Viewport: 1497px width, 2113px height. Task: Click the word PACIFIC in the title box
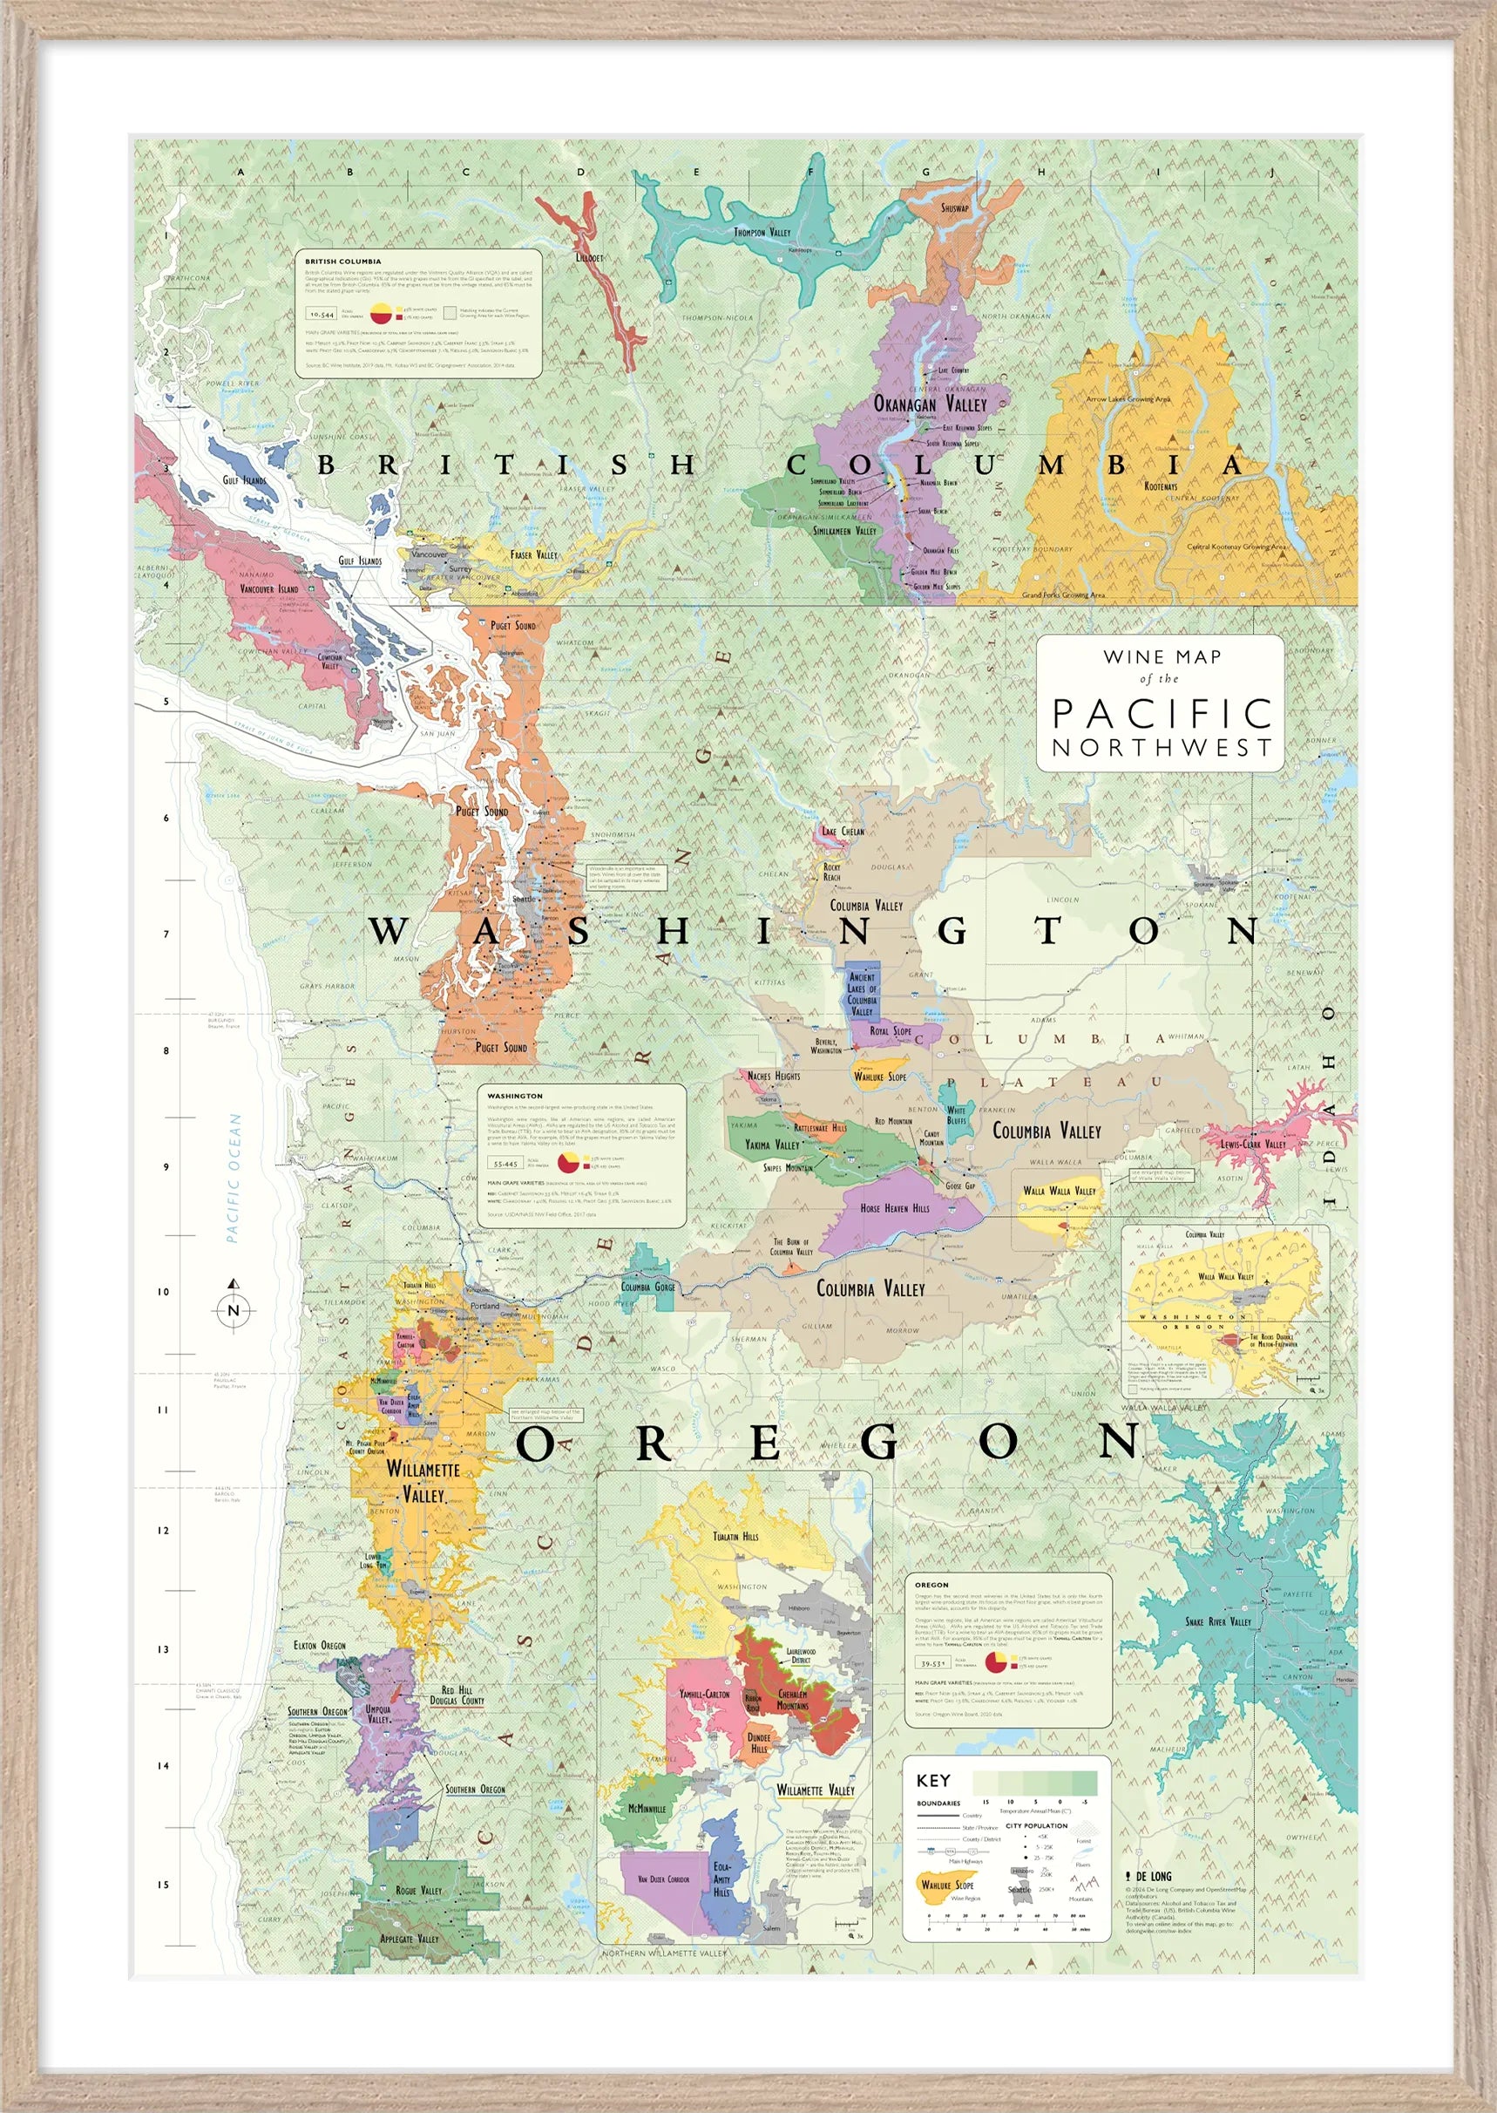coord(1162,714)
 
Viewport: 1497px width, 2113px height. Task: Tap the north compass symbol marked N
coord(234,1310)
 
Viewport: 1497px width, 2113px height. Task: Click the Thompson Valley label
coord(762,233)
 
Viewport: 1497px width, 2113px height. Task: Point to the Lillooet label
coord(589,258)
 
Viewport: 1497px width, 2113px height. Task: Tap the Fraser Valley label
coord(534,555)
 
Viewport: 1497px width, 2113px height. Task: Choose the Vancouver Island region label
coord(269,588)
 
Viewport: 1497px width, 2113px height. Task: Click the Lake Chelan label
coord(843,831)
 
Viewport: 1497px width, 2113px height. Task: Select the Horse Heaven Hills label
coord(894,1207)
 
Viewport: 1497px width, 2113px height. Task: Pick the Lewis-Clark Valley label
coord(1253,1144)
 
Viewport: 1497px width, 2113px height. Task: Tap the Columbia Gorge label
coord(648,1287)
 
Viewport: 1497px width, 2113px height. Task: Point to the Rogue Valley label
coord(418,1890)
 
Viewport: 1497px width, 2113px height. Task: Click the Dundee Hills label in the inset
coord(759,1743)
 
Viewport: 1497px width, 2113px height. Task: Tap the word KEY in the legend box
coord(933,1780)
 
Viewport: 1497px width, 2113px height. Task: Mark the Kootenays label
coord(1161,486)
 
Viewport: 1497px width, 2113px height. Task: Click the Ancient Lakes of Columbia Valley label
coord(862,994)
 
